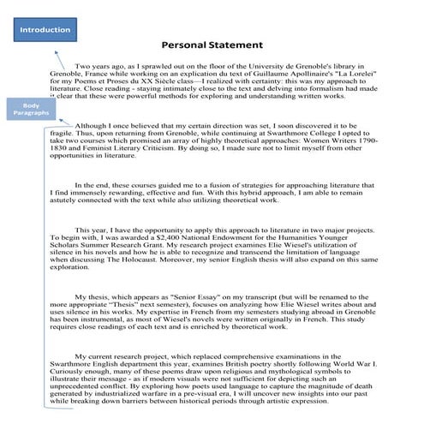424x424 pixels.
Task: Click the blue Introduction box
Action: tap(45, 30)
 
